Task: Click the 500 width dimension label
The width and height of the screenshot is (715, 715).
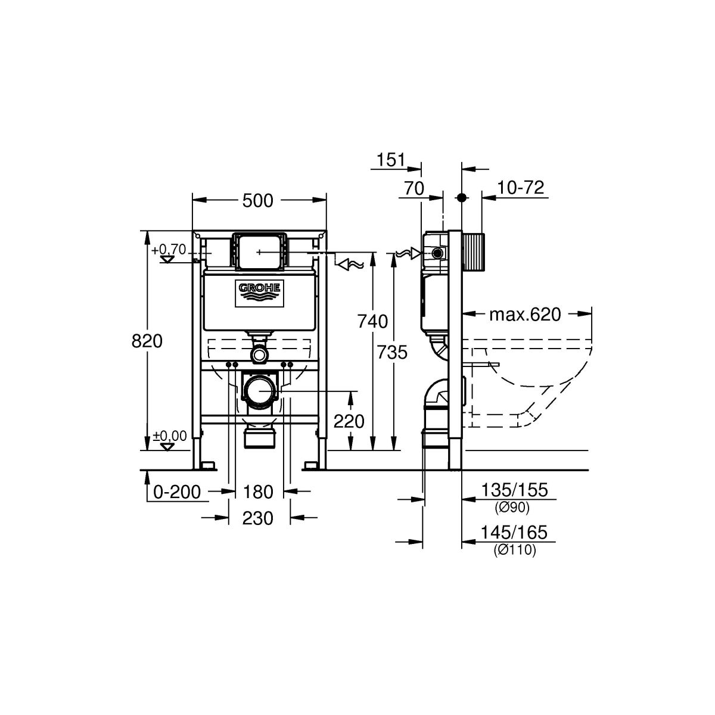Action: pyautogui.click(x=257, y=201)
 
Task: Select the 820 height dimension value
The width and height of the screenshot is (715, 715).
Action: pyautogui.click(x=147, y=341)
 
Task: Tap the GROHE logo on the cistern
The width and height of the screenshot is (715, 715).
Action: pyautogui.click(x=260, y=294)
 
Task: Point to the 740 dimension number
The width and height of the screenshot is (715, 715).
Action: pyautogui.click(x=372, y=321)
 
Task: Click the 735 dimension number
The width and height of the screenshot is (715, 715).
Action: pyautogui.click(x=392, y=352)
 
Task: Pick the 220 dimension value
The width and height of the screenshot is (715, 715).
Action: pyautogui.click(x=349, y=421)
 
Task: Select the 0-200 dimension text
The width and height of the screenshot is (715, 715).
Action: pyautogui.click(x=177, y=493)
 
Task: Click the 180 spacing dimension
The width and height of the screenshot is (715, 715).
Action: pyautogui.click(x=258, y=493)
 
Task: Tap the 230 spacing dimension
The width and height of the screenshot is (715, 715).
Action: pyautogui.click(x=257, y=518)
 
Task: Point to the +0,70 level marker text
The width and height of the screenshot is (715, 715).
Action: pyautogui.click(x=169, y=250)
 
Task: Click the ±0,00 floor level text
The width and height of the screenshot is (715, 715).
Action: pyautogui.click(x=170, y=436)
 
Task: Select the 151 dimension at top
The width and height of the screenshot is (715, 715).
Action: pyautogui.click(x=391, y=160)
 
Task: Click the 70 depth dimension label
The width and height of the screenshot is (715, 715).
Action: pyautogui.click(x=414, y=188)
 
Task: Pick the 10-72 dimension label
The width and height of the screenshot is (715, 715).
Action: pyautogui.click(x=521, y=188)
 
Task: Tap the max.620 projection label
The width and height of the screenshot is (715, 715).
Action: pyautogui.click(x=525, y=315)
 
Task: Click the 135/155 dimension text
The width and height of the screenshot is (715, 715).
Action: pyautogui.click(x=514, y=490)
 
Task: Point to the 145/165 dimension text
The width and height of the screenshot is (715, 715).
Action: pyautogui.click(x=514, y=533)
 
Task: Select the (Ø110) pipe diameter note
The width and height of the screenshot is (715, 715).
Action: pyautogui.click(x=515, y=550)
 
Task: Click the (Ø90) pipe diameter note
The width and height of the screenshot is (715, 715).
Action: pyautogui.click(x=512, y=508)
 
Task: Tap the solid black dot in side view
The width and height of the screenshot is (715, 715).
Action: pyautogui.click(x=462, y=197)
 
